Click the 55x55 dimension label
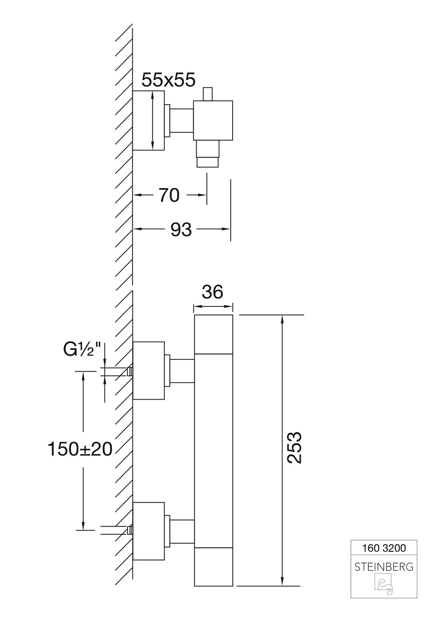169,80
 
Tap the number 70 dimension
169,195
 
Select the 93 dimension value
181,229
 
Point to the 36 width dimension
213,292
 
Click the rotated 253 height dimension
294,448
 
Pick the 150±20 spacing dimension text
80,449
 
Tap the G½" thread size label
82,350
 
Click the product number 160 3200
384,548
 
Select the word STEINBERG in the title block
384,567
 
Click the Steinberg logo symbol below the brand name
384,585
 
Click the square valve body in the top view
213,121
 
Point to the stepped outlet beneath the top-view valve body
208,154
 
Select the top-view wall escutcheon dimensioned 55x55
148,121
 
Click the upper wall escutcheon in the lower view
148,370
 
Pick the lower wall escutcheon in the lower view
148,531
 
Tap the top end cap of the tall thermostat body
213,334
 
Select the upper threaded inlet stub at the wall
129,372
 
